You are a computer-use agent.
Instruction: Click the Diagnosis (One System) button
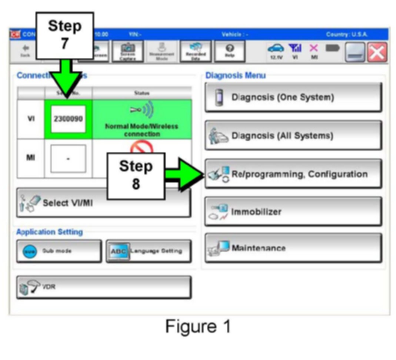(x=293, y=97)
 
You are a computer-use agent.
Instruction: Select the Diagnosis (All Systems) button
(x=293, y=135)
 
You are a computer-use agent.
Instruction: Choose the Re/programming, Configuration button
(x=293, y=174)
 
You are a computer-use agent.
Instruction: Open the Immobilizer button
(x=293, y=212)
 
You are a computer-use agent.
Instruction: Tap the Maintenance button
(x=293, y=248)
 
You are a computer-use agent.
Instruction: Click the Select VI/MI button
(x=103, y=203)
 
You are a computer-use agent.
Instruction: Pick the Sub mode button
(x=59, y=251)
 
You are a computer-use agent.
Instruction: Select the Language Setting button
(x=149, y=251)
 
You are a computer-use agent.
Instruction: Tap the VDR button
(x=103, y=287)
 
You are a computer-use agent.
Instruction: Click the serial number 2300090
(x=68, y=120)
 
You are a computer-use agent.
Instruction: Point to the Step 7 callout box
(x=65, y=35)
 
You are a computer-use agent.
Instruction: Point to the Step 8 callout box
(x=136, y=175)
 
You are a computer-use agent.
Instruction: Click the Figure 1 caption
(x=198, y=326)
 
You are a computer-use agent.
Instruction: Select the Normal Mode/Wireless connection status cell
(x=142, y=120)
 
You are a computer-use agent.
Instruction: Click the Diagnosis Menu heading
(x=236, y=75)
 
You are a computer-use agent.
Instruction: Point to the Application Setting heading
(x=49, y=232)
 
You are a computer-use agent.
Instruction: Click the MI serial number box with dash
(x=68, y=158)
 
